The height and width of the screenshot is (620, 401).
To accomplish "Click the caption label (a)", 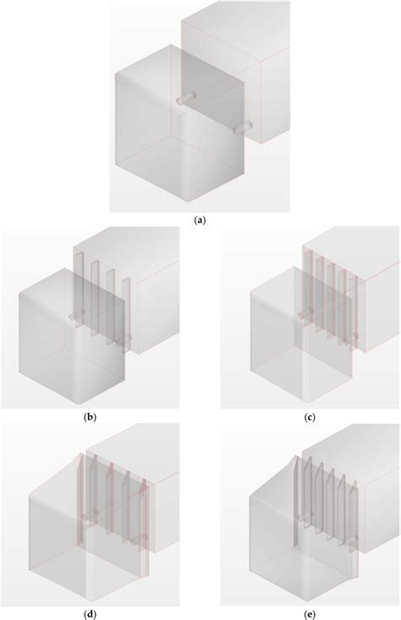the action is [200, 220].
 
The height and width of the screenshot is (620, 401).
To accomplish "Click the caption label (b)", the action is [91, 417].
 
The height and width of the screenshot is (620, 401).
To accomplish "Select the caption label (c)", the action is [310, 417].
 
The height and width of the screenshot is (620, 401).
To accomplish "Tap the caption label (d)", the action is [91, 614].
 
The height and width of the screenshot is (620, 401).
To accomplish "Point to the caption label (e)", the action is [310, 614].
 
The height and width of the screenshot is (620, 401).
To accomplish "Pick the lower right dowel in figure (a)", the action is [243, 128].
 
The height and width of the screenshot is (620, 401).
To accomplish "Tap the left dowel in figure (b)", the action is [77, 315].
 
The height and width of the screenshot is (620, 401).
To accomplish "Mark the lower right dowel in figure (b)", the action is [124, 340].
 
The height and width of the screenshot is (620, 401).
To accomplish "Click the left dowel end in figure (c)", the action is [301, 316].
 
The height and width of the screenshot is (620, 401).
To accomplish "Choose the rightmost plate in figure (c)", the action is [354, 313].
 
